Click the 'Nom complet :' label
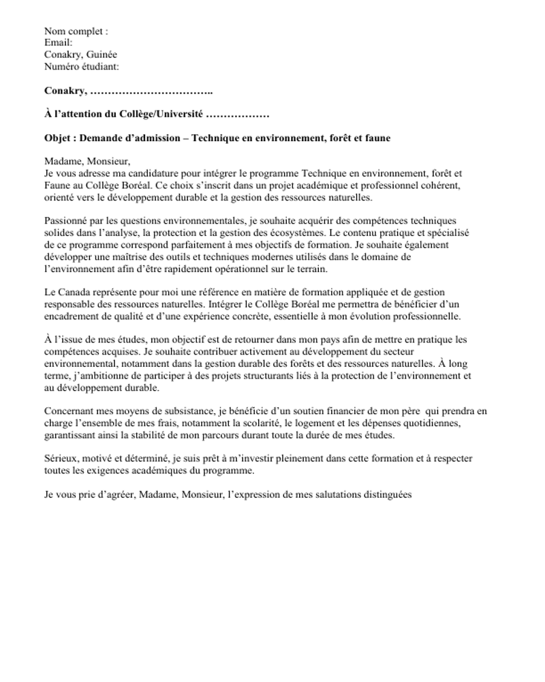tap(76, 31)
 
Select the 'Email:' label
tap(59, 43)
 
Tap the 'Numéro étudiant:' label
tap(82, 66)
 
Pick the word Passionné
tap(67, 220)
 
